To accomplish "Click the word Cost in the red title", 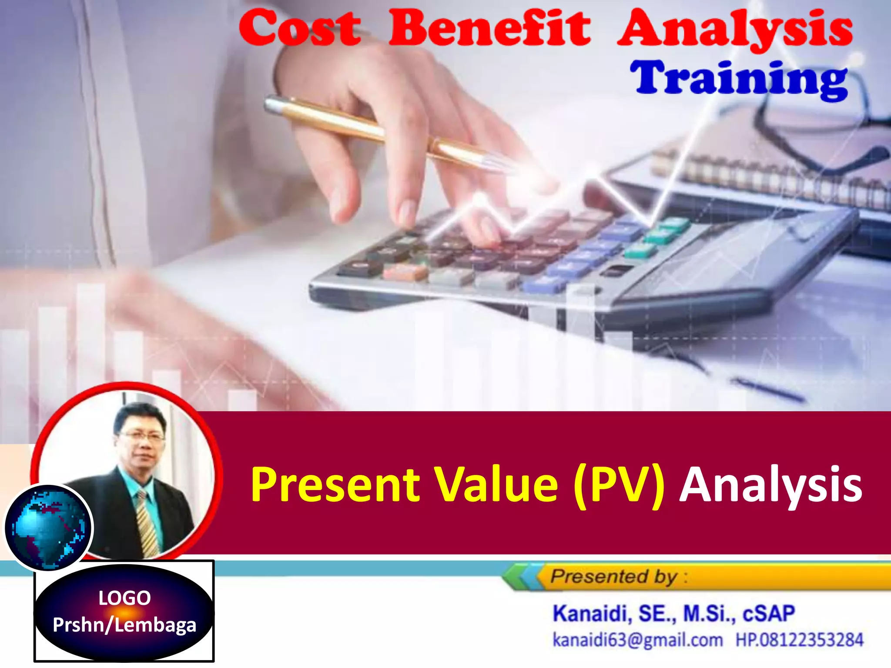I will (300, 29).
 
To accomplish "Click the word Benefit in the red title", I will (489, 28).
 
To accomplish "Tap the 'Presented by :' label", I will (618, 577).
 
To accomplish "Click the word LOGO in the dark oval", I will (124, 598).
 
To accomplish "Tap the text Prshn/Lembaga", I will (124, 625).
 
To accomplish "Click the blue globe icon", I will (49, 528).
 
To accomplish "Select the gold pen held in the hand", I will (383, 130).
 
